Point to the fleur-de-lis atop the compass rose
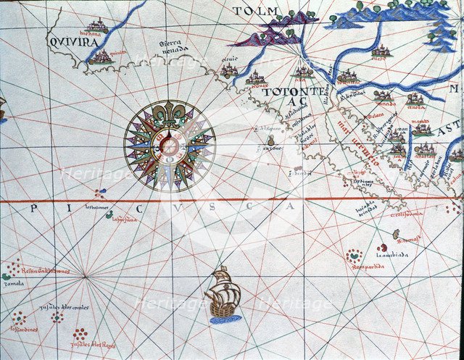(170, 114)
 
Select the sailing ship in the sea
(223, 293)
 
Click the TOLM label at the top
(256, 11)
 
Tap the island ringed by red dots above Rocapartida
(354, 255)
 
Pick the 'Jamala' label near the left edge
(13, 284)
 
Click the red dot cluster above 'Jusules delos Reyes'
(80, 333)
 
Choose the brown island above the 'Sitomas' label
(396, 235)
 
